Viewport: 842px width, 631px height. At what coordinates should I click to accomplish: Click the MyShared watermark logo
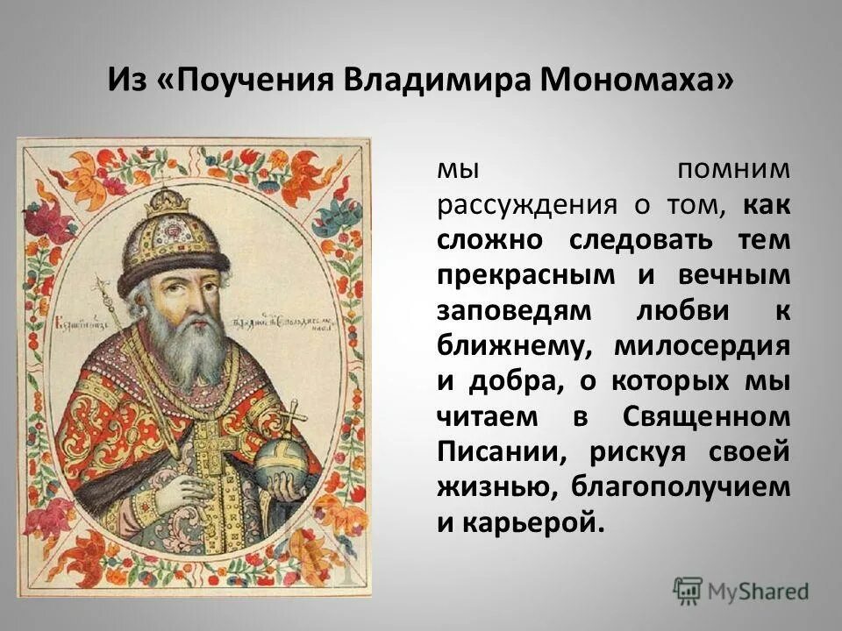(741, 590)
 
